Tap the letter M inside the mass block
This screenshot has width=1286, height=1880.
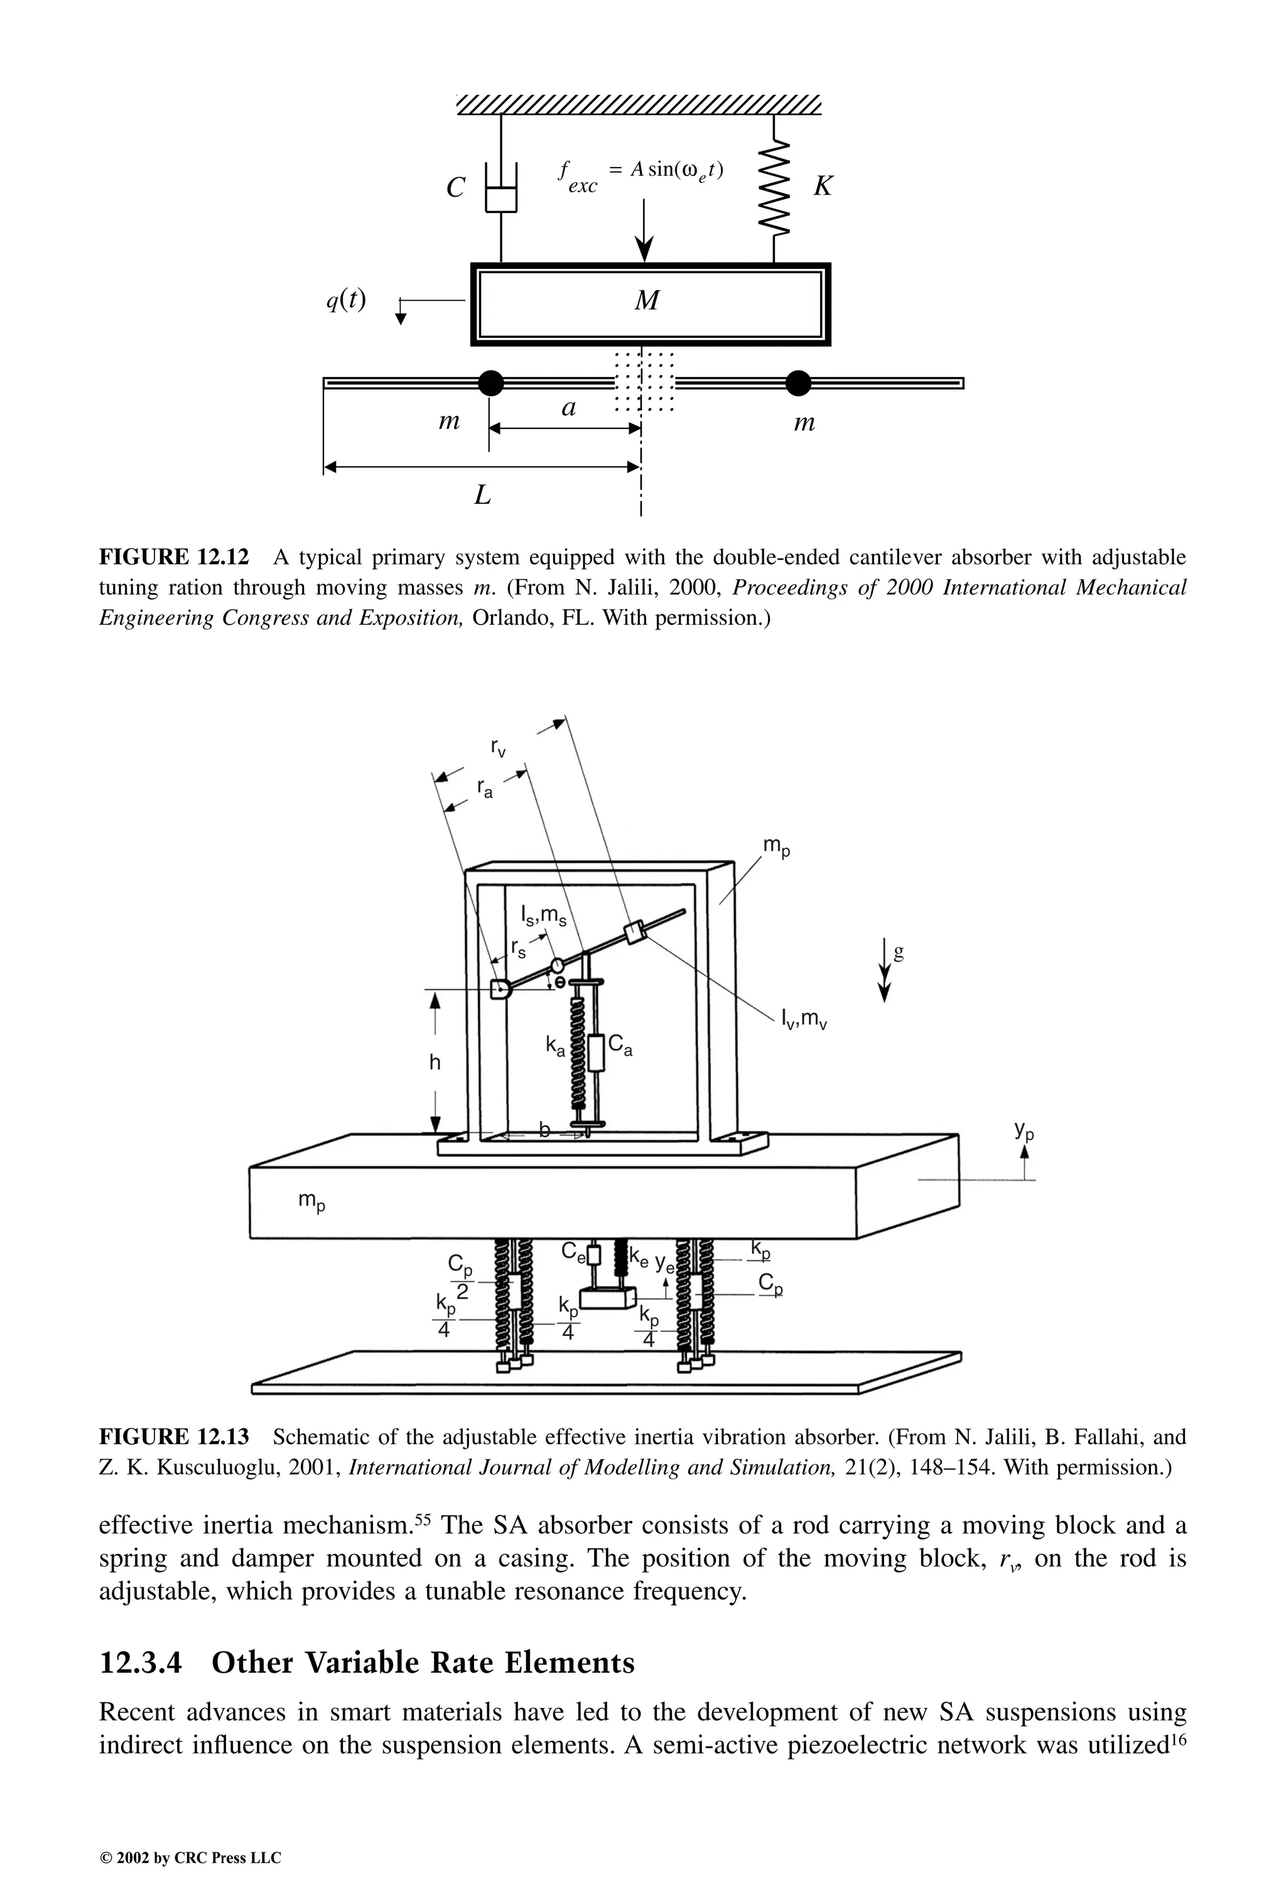click(x=646, y=302)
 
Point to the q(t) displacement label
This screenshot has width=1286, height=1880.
click(x=346, y=300)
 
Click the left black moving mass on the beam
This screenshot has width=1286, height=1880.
click(x=490, y=383)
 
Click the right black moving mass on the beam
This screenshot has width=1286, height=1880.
click(x=797, y=383)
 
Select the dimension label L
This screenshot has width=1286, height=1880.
click(x=483, y=495)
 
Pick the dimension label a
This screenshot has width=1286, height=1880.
click(x=570, y=408)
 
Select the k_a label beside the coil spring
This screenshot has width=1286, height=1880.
click(x=555, y=1046)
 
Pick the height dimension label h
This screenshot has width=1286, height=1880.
click(x=435, y=1062)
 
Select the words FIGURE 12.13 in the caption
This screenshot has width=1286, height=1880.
click(x=174, y=1438)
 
